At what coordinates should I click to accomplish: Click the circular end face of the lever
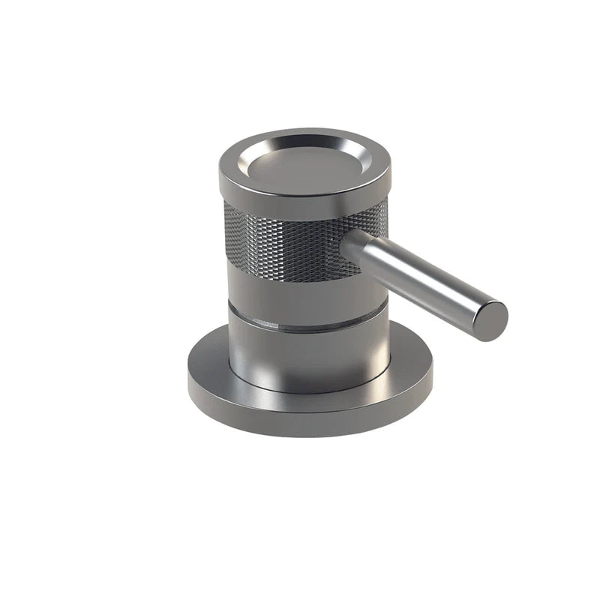pos(490,321)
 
